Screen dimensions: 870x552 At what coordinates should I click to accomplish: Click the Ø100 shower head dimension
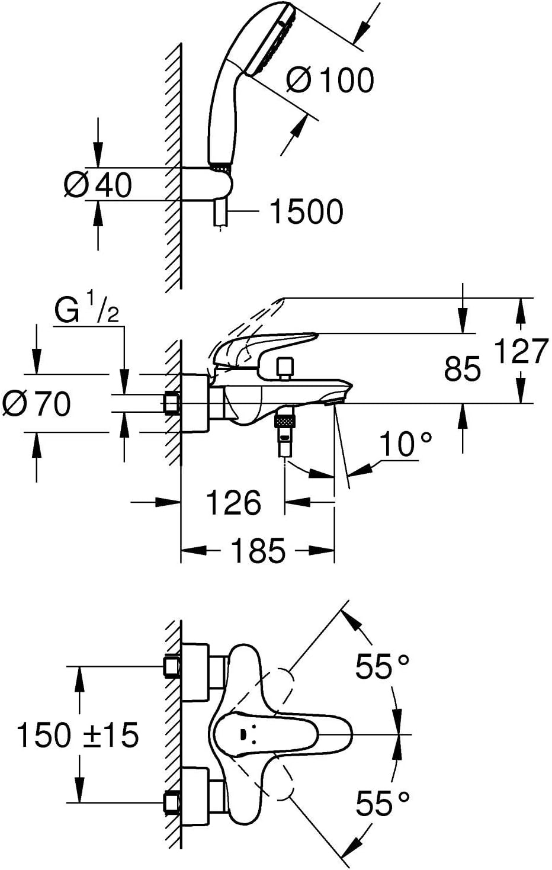point(330,79)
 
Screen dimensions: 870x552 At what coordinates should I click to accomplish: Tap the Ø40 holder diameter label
point(98,185)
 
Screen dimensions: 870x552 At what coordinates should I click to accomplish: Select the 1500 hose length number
point(306,211)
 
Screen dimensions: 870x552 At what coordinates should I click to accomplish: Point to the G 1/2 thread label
point(86,312)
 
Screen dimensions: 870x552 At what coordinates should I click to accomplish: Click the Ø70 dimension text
point(37,404)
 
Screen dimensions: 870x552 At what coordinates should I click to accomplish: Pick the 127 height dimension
point(521,352)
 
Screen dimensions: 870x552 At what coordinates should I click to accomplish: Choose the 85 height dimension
point(463,369)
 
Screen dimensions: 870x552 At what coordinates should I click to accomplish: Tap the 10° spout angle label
point(406,444)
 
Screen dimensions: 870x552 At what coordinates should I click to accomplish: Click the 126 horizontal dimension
point(233,503)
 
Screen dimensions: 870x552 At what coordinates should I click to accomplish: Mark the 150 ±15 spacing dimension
point(77,735)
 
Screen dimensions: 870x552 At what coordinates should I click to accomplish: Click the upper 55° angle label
point(382,667)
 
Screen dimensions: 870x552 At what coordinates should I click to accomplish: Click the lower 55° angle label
point(382,804)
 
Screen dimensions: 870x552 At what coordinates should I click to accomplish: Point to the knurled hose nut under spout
point(285,422)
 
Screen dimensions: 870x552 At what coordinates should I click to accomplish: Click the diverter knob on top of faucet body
point(285,367)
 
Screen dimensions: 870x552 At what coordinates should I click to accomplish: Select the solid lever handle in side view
point(267,346)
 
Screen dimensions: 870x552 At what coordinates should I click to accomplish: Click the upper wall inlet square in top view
point(172,666)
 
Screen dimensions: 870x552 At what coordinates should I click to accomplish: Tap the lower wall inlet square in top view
point(172,802)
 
